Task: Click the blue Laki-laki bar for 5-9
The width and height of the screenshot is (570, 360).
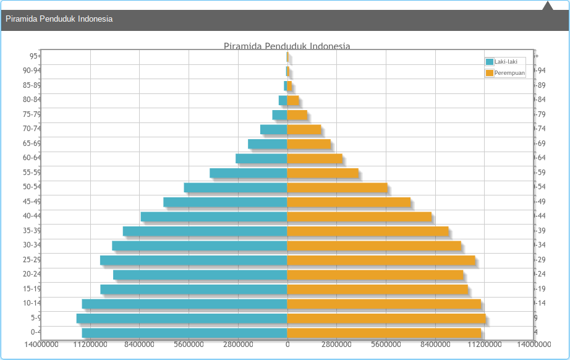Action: coord(182,318)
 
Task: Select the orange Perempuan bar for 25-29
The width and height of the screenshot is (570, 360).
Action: coord(381,260)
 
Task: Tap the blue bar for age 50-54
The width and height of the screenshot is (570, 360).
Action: coord(236,187)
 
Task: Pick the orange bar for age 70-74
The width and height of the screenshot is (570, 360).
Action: coord(304,129)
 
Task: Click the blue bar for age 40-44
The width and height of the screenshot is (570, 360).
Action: coord(214,216)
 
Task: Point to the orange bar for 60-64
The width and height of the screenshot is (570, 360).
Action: coord(315,158)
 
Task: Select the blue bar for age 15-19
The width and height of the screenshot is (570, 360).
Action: coord(194,289)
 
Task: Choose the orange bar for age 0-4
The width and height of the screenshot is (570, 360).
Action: coord(384,333)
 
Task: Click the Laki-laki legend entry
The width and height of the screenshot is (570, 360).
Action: coord(505,61)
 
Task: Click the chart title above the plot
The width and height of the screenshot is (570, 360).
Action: coord(287,46)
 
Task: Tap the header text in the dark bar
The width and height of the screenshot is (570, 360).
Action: coord(59,19)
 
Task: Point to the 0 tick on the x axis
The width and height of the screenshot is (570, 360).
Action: coord(287,344)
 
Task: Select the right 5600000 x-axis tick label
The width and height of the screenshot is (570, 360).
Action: coord(386,344)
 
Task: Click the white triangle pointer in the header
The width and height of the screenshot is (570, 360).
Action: coord(547,6)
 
